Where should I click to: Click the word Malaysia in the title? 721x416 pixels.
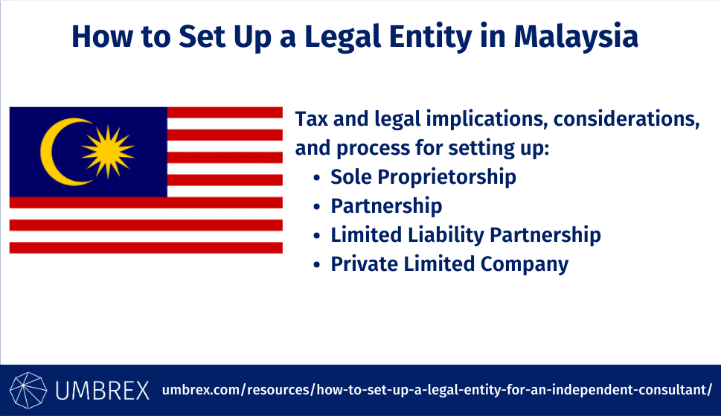576,36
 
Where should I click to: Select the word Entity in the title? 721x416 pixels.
430,36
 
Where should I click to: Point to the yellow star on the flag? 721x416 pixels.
108,152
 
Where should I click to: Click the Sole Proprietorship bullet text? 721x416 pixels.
423,177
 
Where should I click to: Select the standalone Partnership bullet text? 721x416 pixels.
386,206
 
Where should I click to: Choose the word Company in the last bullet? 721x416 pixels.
525,264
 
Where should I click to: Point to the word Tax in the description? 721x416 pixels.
311,118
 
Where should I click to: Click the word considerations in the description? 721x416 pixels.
627,119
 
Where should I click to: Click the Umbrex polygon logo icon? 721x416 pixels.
28,390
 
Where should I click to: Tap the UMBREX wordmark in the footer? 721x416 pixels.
102,390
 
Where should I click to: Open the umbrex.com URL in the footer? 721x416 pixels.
437,390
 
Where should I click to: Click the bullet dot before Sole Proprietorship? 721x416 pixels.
316,177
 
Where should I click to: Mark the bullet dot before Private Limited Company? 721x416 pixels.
316,265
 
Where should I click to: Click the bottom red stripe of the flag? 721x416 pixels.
146,248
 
